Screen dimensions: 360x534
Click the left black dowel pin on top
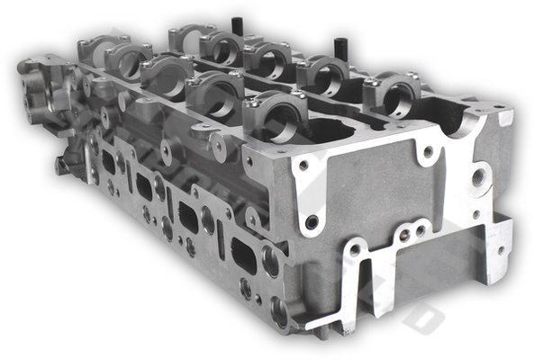click(x=238, y=23)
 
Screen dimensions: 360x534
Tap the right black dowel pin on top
click(x=340, y=46)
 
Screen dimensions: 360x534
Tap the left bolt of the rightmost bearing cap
click(x=368, y=84)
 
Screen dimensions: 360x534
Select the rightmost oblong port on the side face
click(x=243, y=256)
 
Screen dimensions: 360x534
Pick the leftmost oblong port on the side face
click(x=108, y=161)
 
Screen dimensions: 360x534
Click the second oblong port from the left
click(x=144, y=186)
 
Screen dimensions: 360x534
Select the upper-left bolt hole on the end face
click(x=303, y=166)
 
